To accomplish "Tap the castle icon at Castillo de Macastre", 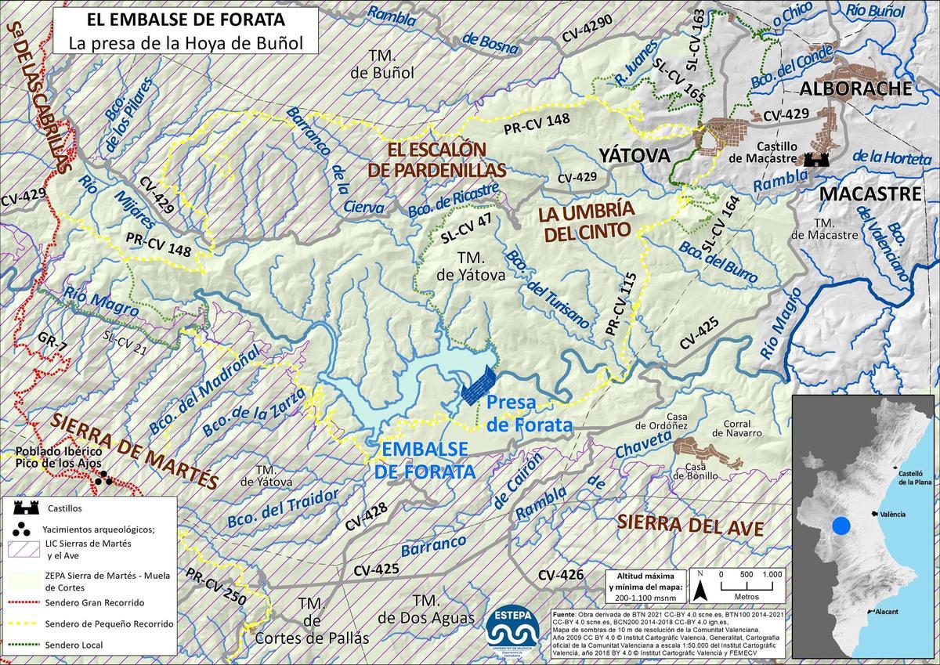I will click(822, 158).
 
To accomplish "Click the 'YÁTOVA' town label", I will click(634, 156).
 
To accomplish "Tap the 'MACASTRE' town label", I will click(869, 193).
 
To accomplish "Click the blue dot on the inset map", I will click(841, 526).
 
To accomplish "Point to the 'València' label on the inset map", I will click(891, 514).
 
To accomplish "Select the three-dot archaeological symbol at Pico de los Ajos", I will click(103, 480).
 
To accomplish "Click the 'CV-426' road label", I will click(561, 576).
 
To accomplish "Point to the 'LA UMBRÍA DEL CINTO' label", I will click(584, 221).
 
